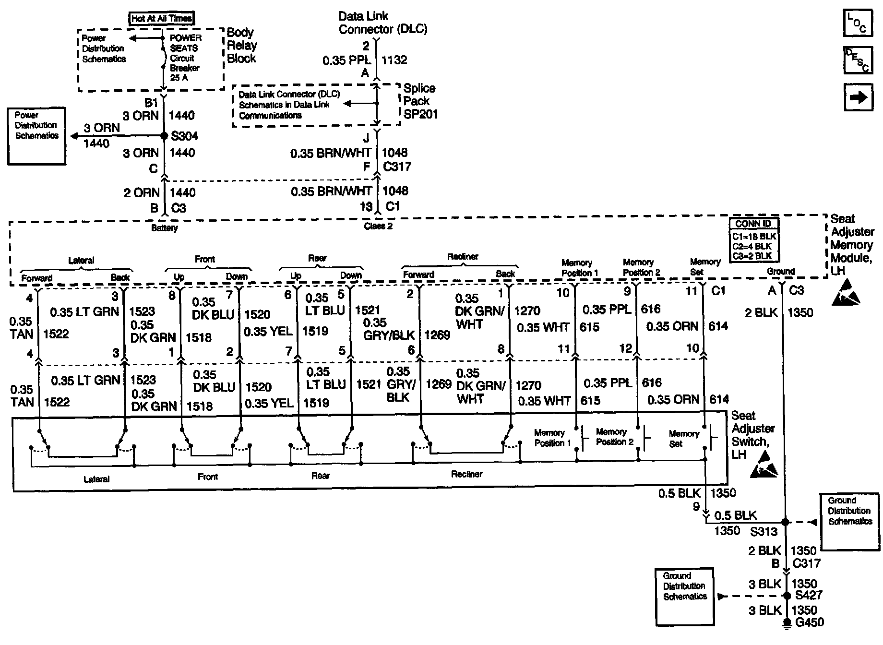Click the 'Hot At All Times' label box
[x=162, y=19]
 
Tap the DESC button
[x=858, y=60]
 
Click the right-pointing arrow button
[x=858, y=97]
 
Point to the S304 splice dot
[x=164, y=136]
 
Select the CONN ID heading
[x=753, y=224]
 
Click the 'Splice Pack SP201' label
[x=420, y=101]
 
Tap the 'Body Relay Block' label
[x=241, y=46]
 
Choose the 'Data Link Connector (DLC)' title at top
[x=382, y=23]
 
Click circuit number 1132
[x=394, y=60]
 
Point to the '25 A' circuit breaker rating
[x=179, y=78]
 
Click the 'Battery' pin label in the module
[x=164, y=228]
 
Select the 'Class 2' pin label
[x=378, y=226]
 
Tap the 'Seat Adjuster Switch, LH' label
[x=752, y=435]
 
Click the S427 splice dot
[x=787, y=596]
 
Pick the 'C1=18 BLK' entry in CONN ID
[x=753, y=236]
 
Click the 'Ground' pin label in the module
[x=781, y=272]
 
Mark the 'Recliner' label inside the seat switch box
[x=466, y=474]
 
